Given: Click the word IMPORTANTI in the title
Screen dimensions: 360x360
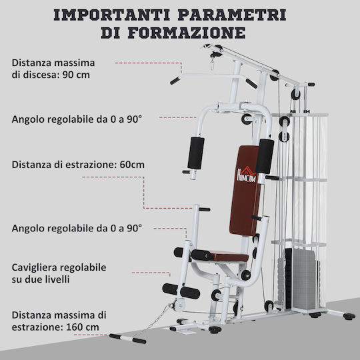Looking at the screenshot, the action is (x=112, y=15).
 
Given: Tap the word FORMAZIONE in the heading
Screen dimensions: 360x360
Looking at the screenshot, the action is (x=187, y=33).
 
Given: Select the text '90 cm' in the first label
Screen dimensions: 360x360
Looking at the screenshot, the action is (x=76, y=75).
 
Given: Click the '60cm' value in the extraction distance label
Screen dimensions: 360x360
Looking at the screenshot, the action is (x=132, y=165).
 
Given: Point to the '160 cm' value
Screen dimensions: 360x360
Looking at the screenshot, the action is (x=83, y=327).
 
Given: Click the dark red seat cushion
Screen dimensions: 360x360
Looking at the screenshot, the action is (x=229, y=257).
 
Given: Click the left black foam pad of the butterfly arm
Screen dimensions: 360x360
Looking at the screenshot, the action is (x=196, y=153).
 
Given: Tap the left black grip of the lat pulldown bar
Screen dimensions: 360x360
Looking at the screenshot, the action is (x=175, y=81).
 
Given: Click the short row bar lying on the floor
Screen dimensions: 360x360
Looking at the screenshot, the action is (x=127, y=339).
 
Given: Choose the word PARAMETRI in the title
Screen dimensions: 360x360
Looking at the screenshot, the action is (x=232, y=15).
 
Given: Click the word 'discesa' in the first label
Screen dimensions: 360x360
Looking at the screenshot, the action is (x=41, y=75).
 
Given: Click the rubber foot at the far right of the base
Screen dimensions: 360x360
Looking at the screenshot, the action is (x=349, y=317).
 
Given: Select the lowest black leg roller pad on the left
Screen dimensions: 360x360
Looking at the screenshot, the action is (x=181, y=291).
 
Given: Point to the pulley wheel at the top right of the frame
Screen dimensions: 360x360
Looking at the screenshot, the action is (x=296, y=94).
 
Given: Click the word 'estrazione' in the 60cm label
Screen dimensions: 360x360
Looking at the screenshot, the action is (x=91, y=165).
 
